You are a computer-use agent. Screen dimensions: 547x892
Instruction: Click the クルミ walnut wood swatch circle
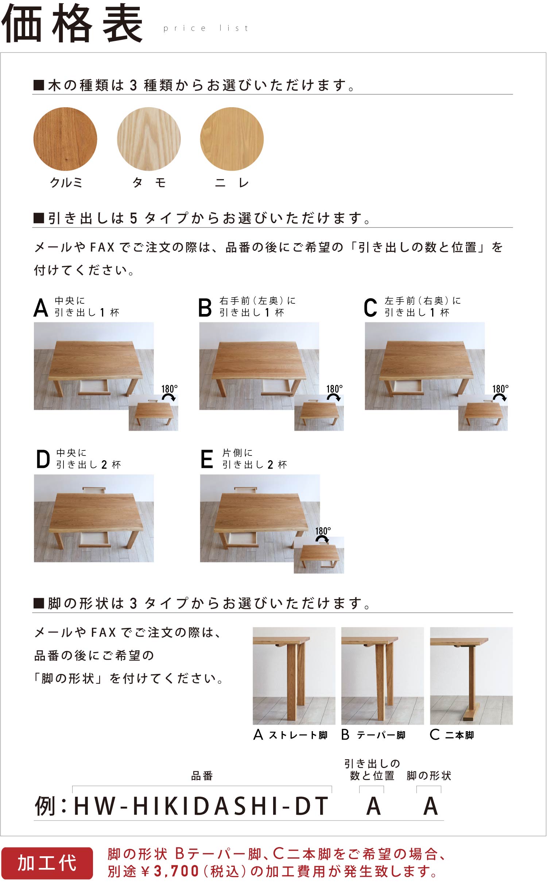point(65,139)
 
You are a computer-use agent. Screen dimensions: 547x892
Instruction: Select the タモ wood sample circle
point(149,139)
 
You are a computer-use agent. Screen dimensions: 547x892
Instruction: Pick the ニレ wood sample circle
point(232,139)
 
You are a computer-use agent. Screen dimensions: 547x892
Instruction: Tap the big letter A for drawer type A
point(41,307)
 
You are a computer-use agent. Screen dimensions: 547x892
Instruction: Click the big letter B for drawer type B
point(205,307)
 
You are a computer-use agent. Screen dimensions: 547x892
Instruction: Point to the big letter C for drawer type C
point(371,307)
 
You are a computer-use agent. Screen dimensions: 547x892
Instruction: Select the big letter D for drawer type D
point(43,459)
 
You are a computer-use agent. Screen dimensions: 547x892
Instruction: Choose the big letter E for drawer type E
point(207,459)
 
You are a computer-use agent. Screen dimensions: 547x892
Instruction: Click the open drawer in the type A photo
point(94,387)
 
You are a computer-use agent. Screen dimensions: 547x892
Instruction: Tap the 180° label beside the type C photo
point(500,389)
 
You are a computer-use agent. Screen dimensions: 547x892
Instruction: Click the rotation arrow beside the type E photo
point(322,539)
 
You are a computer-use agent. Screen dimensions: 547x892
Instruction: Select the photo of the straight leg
point(294,676)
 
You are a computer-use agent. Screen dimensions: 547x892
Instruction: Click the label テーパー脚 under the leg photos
point(381,735)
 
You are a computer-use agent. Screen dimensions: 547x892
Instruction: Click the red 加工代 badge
point(47,863)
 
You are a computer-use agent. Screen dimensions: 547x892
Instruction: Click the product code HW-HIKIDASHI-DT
point(201,806)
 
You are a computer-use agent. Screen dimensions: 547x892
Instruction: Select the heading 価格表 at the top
point(72,23)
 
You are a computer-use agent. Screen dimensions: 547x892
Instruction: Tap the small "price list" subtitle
point(206,28)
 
